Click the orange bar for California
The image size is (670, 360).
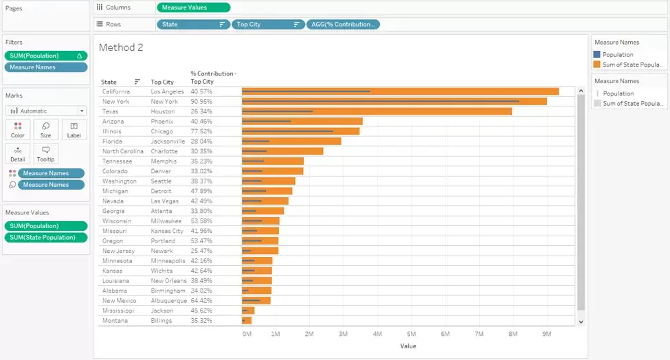point(400,91)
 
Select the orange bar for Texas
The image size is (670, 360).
point(377,111)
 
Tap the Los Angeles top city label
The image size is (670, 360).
point(167,91)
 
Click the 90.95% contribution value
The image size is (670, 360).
point(201,102)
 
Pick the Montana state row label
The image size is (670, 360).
point(115,321)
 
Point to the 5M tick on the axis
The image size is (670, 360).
point(411,334)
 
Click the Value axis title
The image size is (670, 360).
point(408,346)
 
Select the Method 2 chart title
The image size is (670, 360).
point(121,47)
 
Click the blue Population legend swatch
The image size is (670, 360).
point(597,55)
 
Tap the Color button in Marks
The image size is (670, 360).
point(17,130)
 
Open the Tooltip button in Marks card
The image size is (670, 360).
point(46,154)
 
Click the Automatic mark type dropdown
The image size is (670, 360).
point(46,111)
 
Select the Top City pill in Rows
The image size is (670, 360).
point(268,24)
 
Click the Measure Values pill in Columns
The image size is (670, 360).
point(194,8)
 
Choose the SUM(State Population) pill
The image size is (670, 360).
point(46,238)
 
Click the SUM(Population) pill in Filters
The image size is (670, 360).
point(46,56)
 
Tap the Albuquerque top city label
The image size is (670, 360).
point(169,301)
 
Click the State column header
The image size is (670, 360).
point(109,82)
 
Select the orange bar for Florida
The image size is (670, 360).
point(291,142)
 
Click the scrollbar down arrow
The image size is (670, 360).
point(581,322)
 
